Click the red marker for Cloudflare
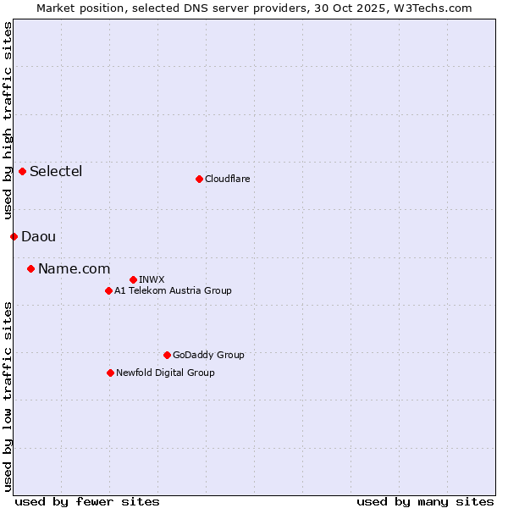pos(199,179)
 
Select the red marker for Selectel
pos(22,171)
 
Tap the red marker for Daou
pos(14,236)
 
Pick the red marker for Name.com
pos(30,268)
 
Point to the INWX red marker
pos(133,279)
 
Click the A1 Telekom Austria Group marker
pos(108,290)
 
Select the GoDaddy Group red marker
pos(167,355)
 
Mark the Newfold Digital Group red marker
pos(110,373)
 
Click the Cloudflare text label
pos(228,179)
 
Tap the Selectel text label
pos(56,171)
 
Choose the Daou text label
pos(38,236)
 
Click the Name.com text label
pos(75,268)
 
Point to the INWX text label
pos(152,279)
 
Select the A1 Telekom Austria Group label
pos(173,290)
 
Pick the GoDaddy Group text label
pos(208,355)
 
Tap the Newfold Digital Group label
pos(165,373)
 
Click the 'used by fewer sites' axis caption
pos(87,501)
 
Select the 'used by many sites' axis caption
pos(425,501)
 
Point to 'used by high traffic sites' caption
pos(8,109)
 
